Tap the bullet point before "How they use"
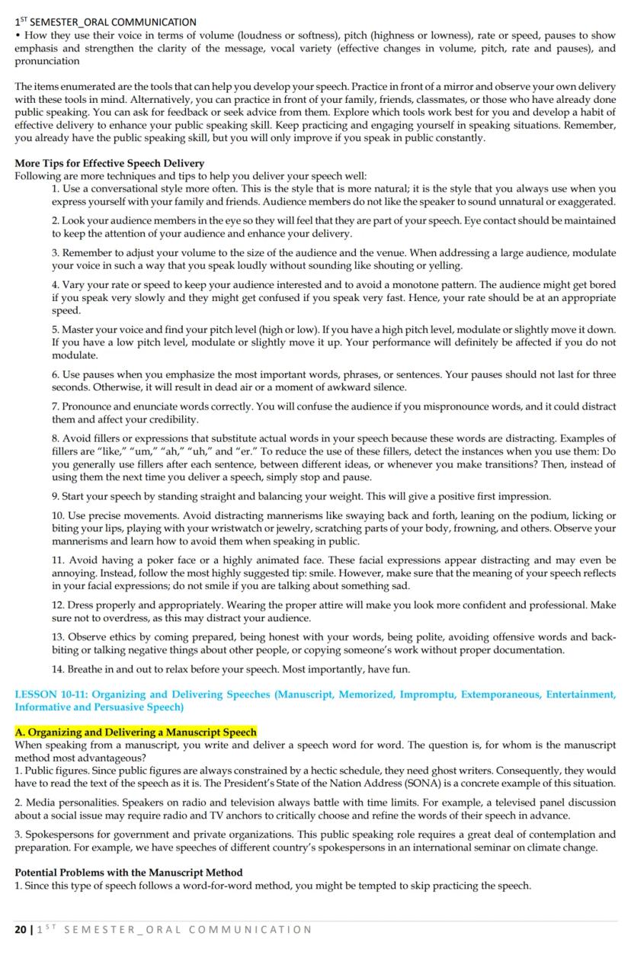pos(18,36)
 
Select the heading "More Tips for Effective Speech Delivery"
pos(110,163)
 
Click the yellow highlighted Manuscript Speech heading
pos(136,733)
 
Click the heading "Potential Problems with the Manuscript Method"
pos(129,872)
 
